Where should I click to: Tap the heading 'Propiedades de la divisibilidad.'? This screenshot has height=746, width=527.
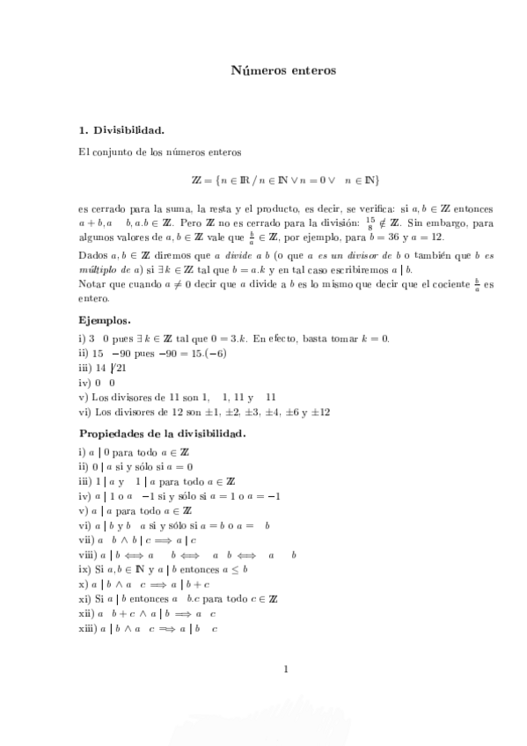tap(162, 434)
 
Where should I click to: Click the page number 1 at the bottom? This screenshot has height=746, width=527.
tap(286, 671)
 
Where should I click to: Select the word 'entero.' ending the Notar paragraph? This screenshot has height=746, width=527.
tap(94, 301)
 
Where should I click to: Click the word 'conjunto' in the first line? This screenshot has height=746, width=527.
tap(113, 153)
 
